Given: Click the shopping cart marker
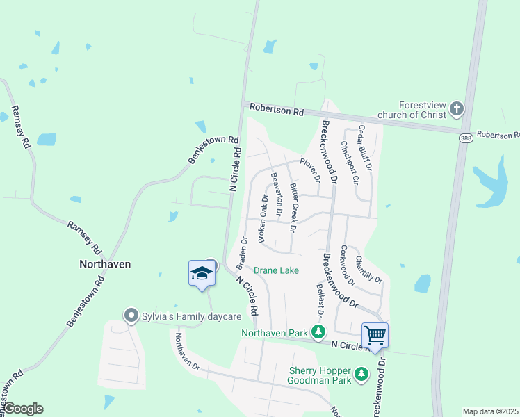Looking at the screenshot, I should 375,336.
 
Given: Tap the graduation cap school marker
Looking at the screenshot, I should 201,273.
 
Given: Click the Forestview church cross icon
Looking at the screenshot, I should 456,108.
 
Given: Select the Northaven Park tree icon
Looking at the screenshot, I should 318,333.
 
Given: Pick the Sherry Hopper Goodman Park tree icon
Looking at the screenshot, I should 361,375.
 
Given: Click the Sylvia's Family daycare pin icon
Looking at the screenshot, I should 130,316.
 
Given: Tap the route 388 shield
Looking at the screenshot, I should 464,139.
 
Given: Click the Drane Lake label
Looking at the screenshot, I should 276,270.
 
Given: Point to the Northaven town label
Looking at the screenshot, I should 104,264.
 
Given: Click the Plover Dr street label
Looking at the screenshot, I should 309,170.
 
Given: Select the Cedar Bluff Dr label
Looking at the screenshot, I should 364,147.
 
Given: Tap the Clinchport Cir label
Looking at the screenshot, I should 349,163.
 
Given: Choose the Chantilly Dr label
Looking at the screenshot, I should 368,270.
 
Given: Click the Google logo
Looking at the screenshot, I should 22,409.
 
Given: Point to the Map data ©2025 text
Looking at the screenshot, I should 490,411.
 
